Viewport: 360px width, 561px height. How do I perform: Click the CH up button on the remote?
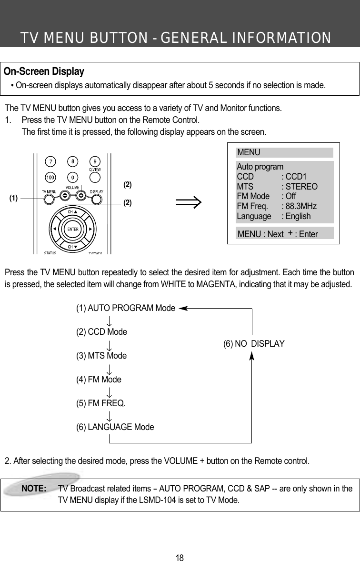tap(72, 211)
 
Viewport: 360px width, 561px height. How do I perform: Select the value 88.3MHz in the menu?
tap(299, 206)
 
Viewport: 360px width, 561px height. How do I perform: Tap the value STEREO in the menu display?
tap(300, 187)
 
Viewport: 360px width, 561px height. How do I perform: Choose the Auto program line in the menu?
tap(260, 167)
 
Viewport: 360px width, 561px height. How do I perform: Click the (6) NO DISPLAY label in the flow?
tap(254, 343)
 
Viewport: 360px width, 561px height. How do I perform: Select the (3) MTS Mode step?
tap(101, 356)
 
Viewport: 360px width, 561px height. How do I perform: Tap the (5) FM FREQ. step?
tap(101, 403)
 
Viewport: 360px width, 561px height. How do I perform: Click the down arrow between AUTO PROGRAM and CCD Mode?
tap(110, 320)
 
